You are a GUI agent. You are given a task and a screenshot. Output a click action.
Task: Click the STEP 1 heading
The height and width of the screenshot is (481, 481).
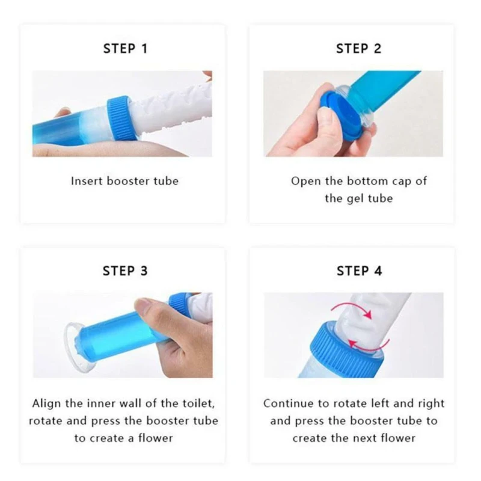click(125, 49)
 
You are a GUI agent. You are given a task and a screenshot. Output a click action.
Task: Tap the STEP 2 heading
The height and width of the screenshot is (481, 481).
click(358, 49)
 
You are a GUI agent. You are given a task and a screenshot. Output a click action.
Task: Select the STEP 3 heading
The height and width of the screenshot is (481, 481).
click(125, 271)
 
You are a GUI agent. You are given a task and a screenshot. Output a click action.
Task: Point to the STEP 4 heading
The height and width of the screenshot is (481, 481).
click(359, 271)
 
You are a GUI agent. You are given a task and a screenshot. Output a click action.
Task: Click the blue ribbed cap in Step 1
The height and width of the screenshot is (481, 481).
click(121, 118)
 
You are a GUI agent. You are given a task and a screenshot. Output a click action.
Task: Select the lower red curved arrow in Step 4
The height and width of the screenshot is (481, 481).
click(371, 347)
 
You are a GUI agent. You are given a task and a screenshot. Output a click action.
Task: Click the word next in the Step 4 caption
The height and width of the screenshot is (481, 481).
click(364, 438)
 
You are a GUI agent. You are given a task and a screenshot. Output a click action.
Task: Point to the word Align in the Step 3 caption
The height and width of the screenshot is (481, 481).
click(47, 403)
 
